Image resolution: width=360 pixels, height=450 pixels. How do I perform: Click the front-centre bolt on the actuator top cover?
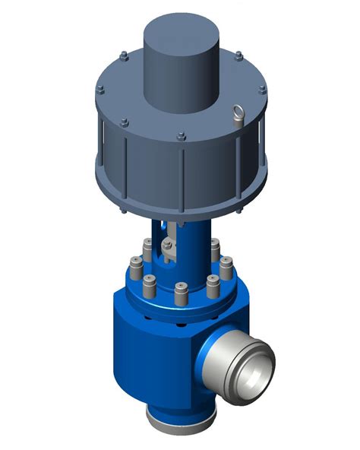pyautogui.click(x=181, y=138)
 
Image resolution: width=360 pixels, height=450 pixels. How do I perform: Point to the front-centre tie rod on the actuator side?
pyautogui.click(x=182, y=175)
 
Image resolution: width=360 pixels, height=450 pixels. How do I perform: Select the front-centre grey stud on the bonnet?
pyautogui.click(x=181, y=293)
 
